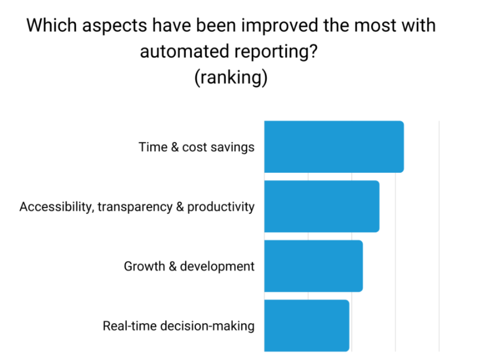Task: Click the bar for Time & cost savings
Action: coord(334,147)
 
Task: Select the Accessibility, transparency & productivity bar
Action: coord(322,206)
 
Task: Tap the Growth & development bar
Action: coord(313,266)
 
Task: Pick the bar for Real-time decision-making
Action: coord(306,325)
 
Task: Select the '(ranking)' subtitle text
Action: coord(231,78)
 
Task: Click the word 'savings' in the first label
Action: coord(232,147)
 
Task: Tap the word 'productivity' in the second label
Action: coord(221,207)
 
